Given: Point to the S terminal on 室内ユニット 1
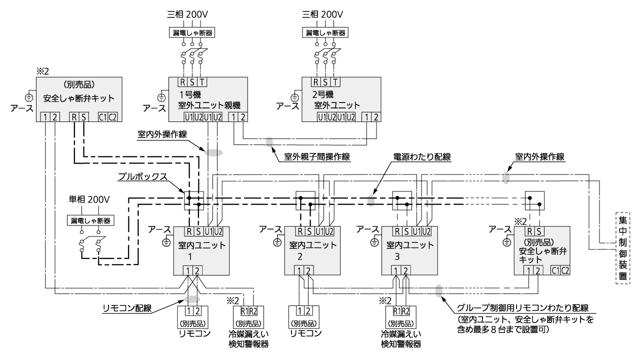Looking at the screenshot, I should point(199,231).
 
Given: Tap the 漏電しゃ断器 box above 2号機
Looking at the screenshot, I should point(326,32).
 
